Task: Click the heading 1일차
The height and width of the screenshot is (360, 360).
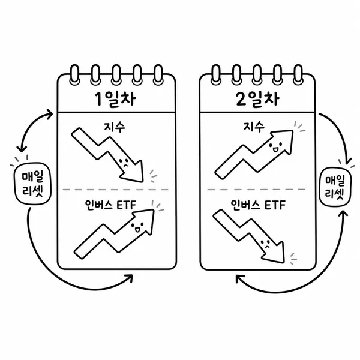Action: tap(115, 99)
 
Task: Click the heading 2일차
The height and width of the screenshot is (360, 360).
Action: tap(257, 99)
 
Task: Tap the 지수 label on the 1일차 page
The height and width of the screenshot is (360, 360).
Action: tap(115, 127)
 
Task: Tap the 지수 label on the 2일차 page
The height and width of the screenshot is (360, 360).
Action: tap(254, 127)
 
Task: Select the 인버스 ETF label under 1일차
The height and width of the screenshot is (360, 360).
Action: tap(110, 205)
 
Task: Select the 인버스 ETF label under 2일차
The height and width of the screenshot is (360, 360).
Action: tap(258, 205)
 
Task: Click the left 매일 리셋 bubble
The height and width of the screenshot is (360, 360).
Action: tap(32, 184)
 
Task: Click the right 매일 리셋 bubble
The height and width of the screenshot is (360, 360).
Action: tap(335, 187)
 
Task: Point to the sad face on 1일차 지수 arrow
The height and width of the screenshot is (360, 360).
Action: tap(124, 162)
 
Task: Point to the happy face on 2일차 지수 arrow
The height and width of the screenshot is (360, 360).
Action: tap(275, 147)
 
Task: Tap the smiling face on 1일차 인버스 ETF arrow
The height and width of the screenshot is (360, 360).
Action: tap(137, 227)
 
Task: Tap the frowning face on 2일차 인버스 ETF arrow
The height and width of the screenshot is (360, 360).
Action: tap(266, 244)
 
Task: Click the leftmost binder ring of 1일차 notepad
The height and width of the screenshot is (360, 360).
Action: tap(74, 74)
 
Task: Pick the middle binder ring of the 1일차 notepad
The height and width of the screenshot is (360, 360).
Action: tap(116, 74)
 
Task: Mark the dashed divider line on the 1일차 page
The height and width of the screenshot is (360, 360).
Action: tap(116, 190)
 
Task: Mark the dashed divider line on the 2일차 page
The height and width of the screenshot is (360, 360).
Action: tap(256, 190)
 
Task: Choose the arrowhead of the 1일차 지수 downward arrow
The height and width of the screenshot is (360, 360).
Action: tap(133, 171)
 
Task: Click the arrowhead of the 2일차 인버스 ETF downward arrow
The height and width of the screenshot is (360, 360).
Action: tap(274, 252)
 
